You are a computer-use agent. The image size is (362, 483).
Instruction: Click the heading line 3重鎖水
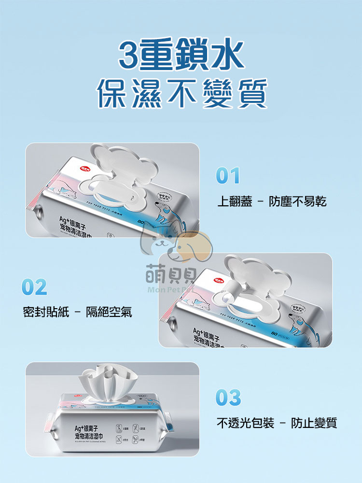tap(181, 57)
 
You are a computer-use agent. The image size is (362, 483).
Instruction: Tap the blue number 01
tap(228, 176)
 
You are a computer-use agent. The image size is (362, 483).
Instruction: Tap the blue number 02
tap(35, 287)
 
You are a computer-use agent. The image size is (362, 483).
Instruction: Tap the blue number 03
tap(228, 398)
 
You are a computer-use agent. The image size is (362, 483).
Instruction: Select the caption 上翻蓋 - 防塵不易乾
tap(272, 201)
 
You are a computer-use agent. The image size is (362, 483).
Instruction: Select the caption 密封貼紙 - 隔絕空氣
tap(78, 313)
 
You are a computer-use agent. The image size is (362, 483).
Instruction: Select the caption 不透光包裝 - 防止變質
tap(277, 424)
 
